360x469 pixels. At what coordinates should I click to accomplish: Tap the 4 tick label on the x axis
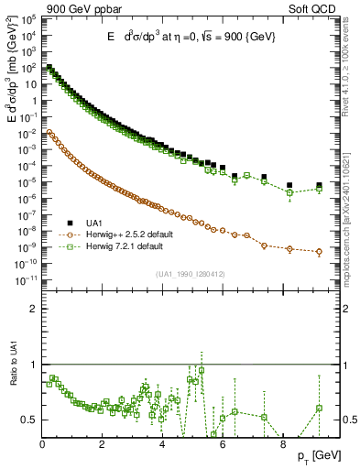pos(163,442)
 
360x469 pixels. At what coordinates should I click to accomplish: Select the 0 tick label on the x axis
pos(43,442)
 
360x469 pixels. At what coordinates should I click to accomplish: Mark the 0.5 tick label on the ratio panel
pos(31,420)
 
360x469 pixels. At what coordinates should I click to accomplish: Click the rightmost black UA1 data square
pos(320,186)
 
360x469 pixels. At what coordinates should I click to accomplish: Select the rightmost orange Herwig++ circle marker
pos(320,252)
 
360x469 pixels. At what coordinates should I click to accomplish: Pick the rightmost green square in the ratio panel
pos(320,409)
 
